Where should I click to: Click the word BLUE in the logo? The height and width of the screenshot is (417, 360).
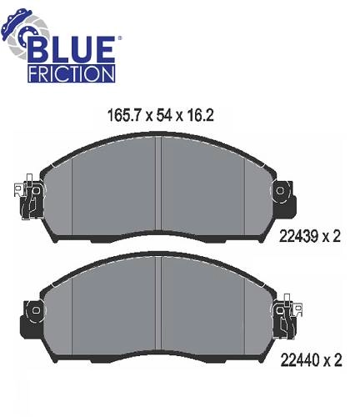(x=72, y=50)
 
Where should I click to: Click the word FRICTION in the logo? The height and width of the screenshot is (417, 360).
(x=72, y=73)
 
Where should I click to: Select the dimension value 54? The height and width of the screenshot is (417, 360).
(x=163, y=115)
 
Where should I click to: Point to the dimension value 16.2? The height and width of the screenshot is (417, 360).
(x=201, y=115)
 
